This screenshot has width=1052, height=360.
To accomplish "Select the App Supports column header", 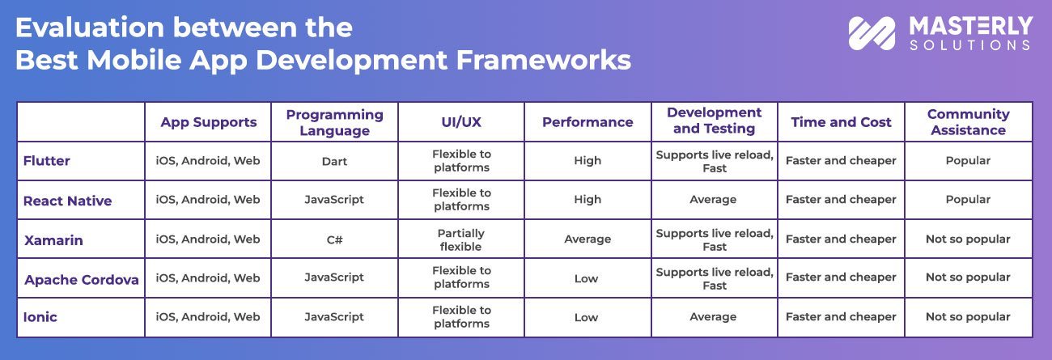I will pyautogui.click(x=208, y=122).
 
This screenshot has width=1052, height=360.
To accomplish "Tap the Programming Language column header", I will pyautogui.click(x=334, y=122).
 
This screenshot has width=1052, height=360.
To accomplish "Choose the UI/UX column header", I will pyautogui.click(x=460, y=122).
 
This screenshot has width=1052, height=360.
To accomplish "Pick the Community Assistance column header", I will pyautogui.click(x=968, y=122).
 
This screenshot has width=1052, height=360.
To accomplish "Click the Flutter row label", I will pyautogui.click(x=47, y=161).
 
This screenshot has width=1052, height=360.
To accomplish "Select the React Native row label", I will pyautogui.click(x=68, y=201).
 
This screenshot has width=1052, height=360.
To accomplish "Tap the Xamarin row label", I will pyautogui.click(x=53, y=240).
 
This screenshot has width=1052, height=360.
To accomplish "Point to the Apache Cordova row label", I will pyautogui.click(x=81, y=280).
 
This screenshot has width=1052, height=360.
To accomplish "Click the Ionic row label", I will pyautogui.click(x=40, y=317).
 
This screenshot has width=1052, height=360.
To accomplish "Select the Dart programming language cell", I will pyautogui.click(x=334, y=161).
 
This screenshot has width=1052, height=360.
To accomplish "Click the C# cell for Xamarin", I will pyautogui.click(x=334, y=239).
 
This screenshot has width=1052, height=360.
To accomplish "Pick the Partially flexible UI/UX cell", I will pyautogui.click(x=460, y=239).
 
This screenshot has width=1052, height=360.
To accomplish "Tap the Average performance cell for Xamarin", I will pyautogui.click(x=588, y=239).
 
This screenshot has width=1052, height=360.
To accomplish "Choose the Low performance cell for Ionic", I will pyautogui.click(x=587, y=317).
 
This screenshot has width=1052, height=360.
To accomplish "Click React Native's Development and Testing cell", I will pyautogui.click(x=714, y=200).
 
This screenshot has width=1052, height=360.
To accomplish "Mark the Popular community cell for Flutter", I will pyautogui.click(x=968, y=161).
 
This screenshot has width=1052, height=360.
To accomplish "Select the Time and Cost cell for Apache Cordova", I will pyautogui.click(x=841, y=277).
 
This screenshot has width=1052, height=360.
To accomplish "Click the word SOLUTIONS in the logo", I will pyautogui.click(x=970, y=45).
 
